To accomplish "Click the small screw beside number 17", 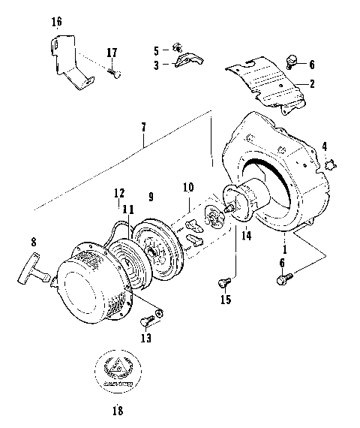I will [x=114, y=74].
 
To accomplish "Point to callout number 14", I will [x=247, y=234].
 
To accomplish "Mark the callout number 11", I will [x=128, y=212].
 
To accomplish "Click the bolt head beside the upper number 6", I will [x=294, y=59].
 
